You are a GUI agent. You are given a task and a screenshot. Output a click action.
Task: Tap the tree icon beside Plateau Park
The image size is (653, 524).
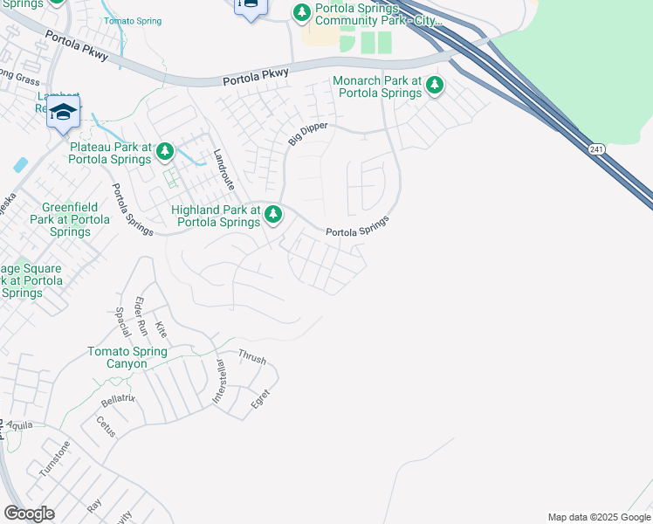(x=165, y=153)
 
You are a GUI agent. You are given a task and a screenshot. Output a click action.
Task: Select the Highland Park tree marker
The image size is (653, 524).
(x=274, y=213)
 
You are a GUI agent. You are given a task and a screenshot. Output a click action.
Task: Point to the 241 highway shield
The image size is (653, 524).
(x=595, y=149)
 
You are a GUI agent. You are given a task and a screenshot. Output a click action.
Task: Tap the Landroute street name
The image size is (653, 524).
(x=224, y=169)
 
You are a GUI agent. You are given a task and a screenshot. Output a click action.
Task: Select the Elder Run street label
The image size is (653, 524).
(x=139, y=316)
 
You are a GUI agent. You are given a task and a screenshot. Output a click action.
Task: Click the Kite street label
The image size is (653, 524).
(x=161, y=329)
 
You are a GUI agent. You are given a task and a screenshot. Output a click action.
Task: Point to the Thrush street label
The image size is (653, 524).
(x=252, y=359)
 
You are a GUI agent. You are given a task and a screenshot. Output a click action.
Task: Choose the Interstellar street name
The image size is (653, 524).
(x=219, y=382)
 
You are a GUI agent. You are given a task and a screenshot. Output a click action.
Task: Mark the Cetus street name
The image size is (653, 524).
(x=106, y=427)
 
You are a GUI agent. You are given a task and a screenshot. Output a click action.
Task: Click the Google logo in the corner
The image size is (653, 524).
(x=29, y=514)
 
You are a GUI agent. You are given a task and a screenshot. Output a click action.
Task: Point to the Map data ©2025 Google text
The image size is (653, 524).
(x=598, y=517)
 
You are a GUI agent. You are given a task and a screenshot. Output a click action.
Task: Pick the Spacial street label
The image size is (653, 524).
(x=123, y=321)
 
